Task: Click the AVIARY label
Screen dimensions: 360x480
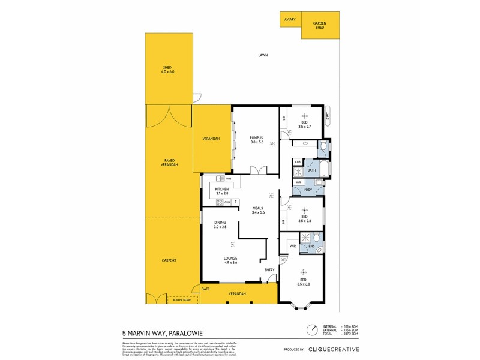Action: pos(289,20)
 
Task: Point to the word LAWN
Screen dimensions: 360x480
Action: pos(263,55)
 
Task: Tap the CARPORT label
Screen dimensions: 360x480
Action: pos(169,260)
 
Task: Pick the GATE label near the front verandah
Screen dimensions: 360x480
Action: pos(205,289)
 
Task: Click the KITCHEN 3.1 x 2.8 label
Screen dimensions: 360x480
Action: pos(221,191)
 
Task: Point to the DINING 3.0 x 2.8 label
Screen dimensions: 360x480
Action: pos(220,224)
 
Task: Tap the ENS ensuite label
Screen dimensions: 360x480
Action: pos(311,245)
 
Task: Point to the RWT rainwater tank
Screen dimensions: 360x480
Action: pos(328,116)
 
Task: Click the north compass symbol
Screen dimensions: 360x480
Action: pos(311,330)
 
